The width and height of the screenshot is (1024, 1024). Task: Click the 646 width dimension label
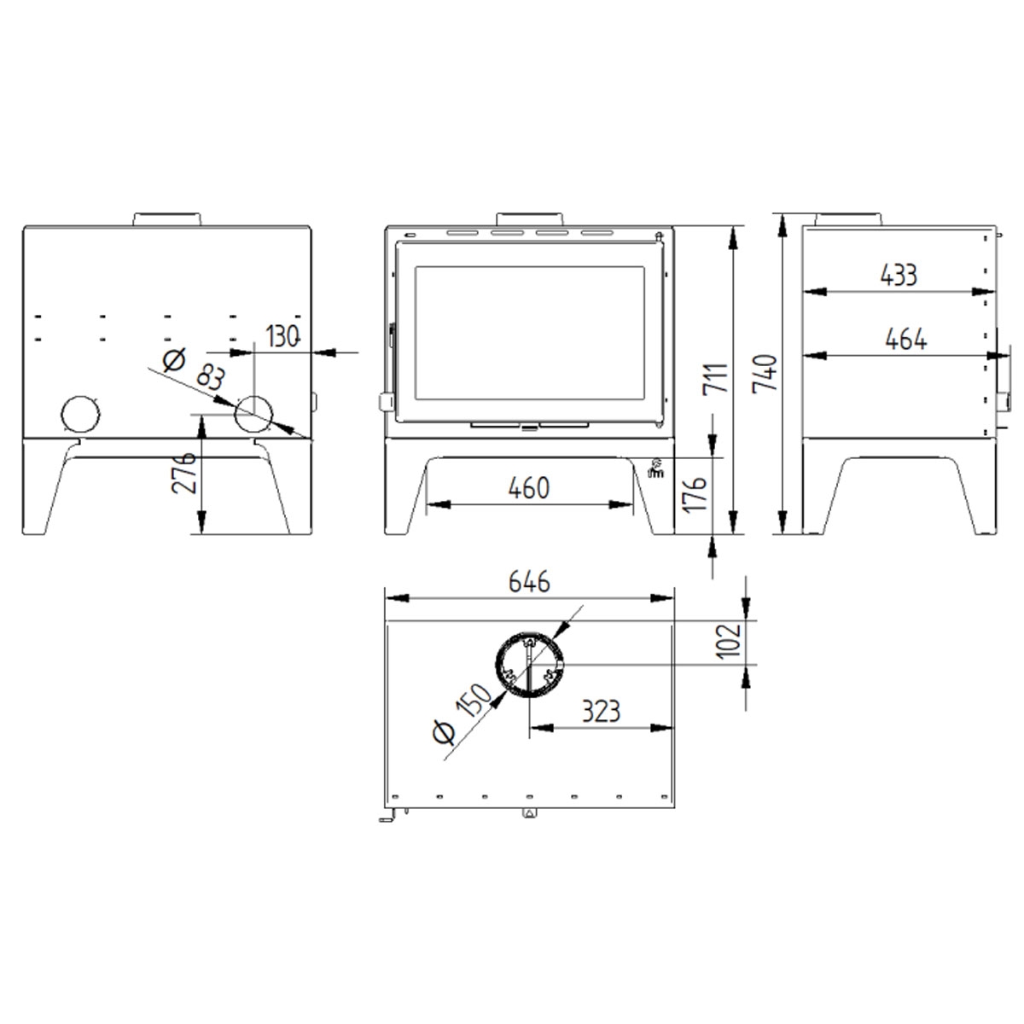[x=530, y=583]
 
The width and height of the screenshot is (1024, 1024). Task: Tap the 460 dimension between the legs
[x=529, y=488]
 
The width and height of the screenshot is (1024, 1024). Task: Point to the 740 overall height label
[x=765, y=374]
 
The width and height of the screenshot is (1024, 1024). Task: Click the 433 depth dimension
[x=899, y=275]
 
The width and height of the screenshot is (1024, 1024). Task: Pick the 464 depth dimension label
[x=905, y=339]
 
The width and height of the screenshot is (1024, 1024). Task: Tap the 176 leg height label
[x=696, y=495]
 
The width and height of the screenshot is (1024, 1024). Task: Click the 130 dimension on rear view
[x=283, y=336]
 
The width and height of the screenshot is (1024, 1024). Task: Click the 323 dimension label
[x=601, y=711]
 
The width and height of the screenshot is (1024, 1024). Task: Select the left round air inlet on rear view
[x=80, y=416]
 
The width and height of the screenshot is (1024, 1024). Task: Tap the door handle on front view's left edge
[x=386, y=401]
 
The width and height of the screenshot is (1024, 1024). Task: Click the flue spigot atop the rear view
[x=167, y=218]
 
